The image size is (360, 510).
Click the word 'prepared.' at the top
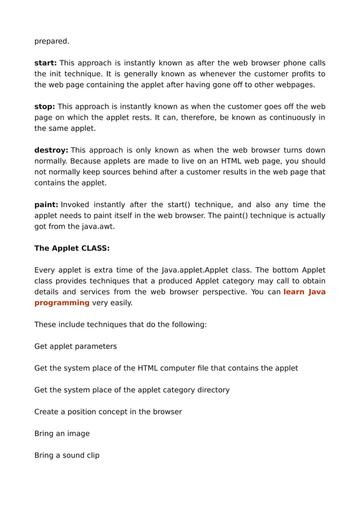pos(52,41)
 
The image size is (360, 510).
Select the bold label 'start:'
pos(46,63)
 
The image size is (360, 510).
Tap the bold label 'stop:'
pos(45,107)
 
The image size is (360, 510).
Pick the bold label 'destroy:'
pos(51,150)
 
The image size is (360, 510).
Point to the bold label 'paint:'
pos(46,204)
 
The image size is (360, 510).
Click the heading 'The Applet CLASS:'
pos(72,248)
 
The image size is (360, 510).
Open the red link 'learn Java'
pos(304,292)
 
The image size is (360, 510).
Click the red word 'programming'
pos(62,303)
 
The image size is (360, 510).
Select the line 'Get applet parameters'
pos(76,346)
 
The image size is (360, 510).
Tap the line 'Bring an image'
pos(62,434)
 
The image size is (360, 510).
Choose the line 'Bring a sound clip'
pos(67,455)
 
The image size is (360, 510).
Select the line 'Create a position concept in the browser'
pos(108,412)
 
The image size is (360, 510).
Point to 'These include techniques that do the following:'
pos(121,324)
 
